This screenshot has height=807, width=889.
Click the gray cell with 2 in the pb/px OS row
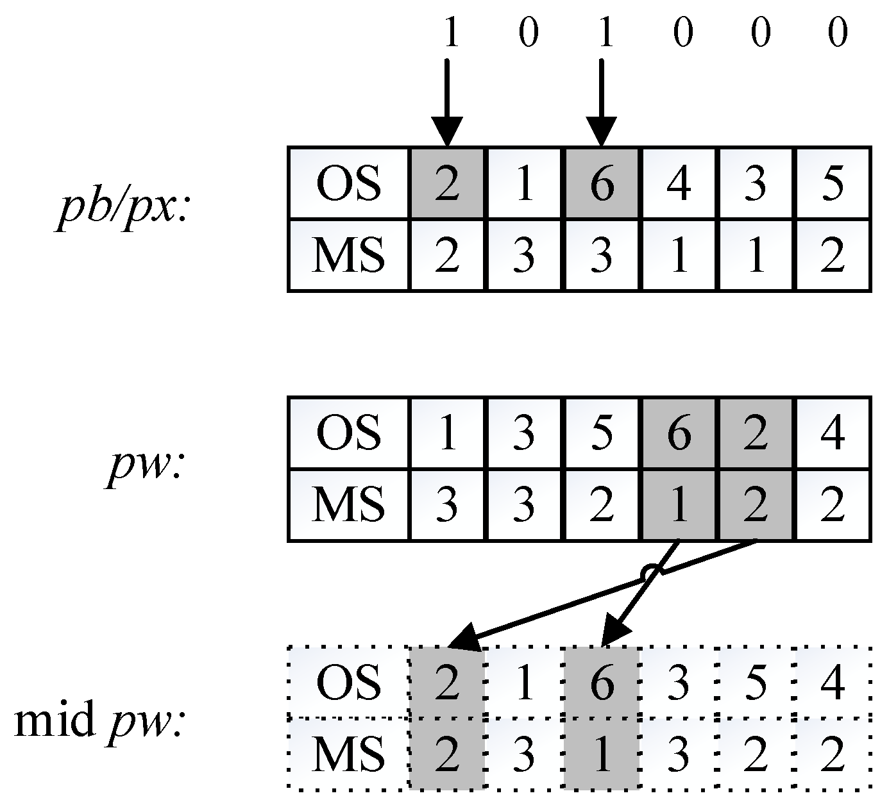(447, 184)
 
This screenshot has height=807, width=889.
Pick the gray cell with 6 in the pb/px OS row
(602, 184)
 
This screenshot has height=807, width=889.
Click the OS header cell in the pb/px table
(349, 184)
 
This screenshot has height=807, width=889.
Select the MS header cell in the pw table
(349, 505)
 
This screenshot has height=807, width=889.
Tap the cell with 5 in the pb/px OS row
(832, 184)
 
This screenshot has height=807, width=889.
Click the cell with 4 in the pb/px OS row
(679, 184)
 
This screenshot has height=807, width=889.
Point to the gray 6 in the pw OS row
(679, 434)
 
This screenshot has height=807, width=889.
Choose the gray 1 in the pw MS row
(679, 505)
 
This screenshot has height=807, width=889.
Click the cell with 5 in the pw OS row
(602, 434)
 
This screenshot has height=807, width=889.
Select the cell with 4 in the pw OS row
(832, 434)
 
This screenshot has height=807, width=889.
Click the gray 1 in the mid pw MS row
(602, 754)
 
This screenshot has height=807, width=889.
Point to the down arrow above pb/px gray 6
(602, 103)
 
